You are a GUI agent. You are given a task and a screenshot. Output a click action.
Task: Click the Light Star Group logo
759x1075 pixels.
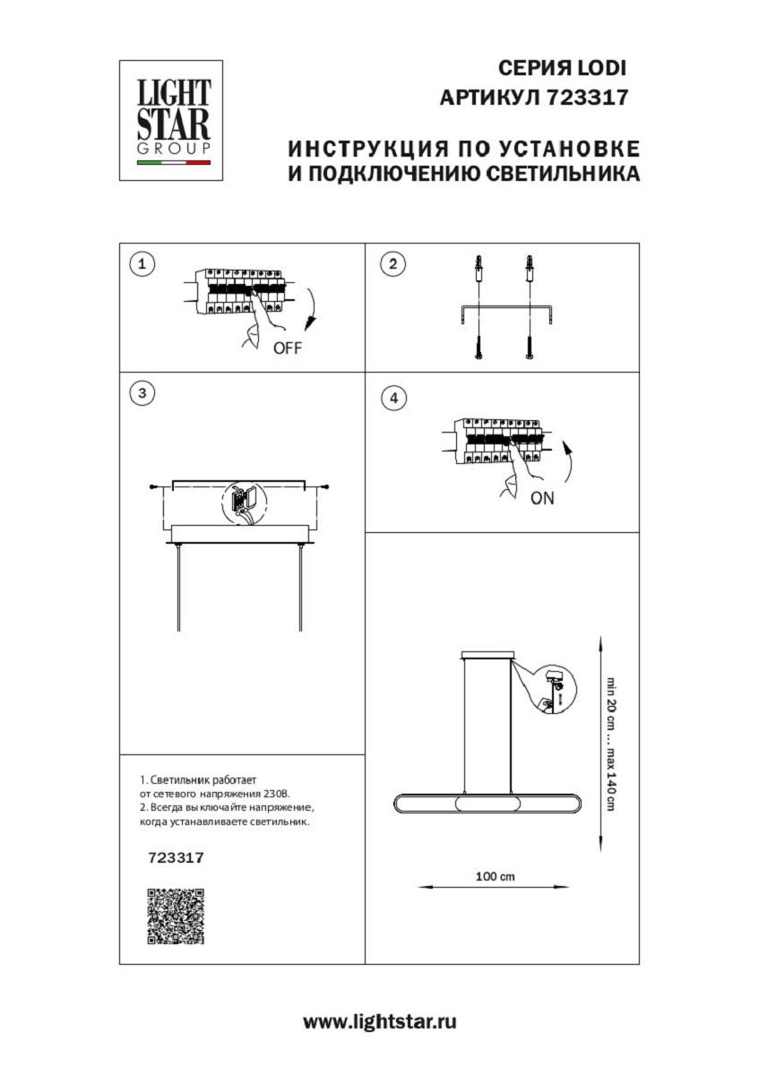pyautogui.click(x=172, y=120)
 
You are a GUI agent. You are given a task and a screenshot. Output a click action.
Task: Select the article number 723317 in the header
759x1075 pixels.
pyautogui.click(x=586, y=98)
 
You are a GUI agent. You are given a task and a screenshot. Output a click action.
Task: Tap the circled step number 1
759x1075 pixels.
pyautogui.click(x=142, y=263)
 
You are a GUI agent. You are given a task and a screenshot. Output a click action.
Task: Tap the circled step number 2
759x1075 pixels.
pyautogui.click(x=392, y=263)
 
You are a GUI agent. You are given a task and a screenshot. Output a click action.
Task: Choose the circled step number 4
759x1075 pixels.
pyautogui.click(x=392, y=399)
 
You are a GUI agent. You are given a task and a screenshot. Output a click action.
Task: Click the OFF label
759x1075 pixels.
pyautogui.click(x=287, y=349)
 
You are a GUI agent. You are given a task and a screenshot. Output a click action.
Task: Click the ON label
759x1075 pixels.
pyautogui.click(x=542, y=499)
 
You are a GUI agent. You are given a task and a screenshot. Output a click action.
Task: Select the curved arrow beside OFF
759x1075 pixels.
pyautogui.click(x=312, y=309)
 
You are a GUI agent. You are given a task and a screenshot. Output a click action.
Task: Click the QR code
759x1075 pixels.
pyautogui.click(x=176, y=916)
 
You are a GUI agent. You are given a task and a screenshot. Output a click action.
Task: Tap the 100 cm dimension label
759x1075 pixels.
pyautogui.click(x=495, y=876)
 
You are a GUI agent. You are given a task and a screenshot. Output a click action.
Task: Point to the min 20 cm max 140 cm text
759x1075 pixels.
pyautogui.click(x=610, y=743)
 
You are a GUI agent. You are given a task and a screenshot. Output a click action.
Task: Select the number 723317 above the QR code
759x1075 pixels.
pyautogui.click(x=176, y=857)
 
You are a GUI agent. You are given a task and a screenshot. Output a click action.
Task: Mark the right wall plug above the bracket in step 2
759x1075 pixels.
pyautogui.click(x=530, y=266)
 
